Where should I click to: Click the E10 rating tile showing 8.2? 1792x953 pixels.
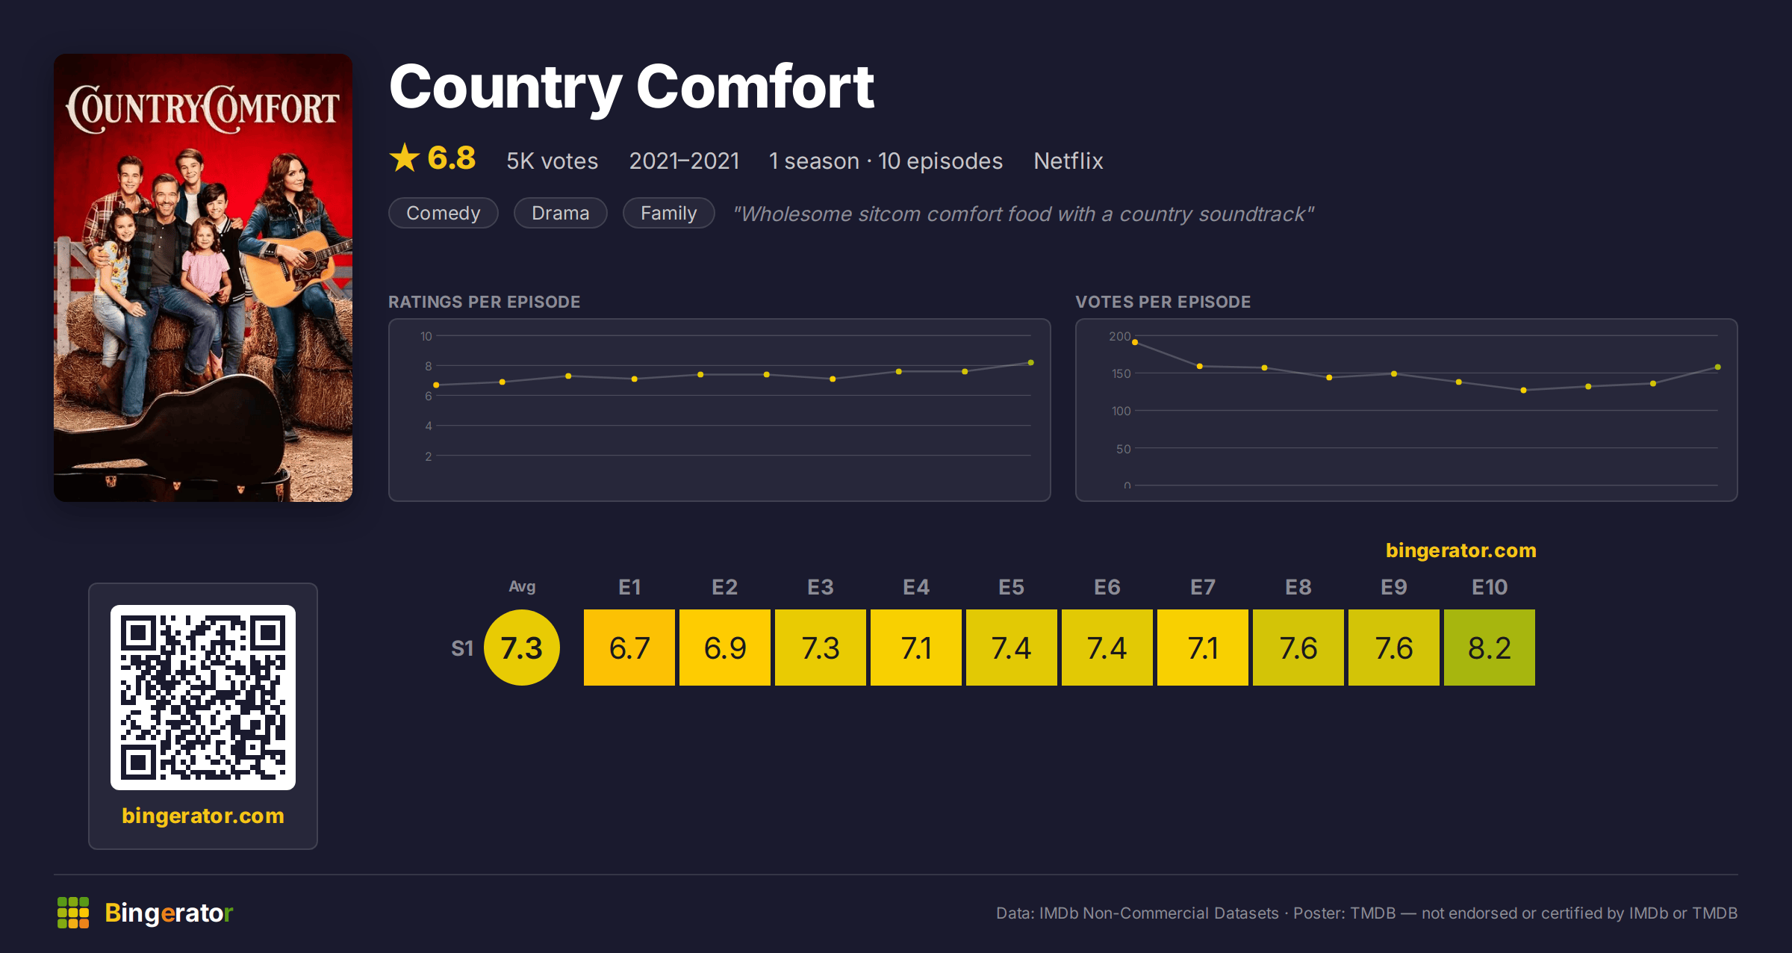1489,648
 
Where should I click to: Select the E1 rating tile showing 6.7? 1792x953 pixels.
629,648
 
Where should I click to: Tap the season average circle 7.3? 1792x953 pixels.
522,648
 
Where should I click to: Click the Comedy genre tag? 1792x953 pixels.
444,213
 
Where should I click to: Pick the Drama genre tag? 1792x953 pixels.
561,213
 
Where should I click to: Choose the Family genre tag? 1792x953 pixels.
669,213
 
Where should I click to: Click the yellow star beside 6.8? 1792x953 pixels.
405,158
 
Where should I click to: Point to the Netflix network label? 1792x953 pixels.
1068,161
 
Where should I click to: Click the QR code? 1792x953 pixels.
203,698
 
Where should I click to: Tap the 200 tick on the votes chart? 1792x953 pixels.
1119,336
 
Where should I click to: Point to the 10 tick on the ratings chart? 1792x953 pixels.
426,336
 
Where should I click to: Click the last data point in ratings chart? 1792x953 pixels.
1031,363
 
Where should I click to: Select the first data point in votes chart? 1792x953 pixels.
1135,342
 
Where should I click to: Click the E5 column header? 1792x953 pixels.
1011,587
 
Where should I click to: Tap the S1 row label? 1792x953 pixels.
462,648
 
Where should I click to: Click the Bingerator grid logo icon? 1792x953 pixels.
73,913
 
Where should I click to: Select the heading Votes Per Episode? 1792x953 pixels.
1163,302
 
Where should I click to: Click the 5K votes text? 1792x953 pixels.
553,161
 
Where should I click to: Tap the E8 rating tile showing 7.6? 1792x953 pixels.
1298,648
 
